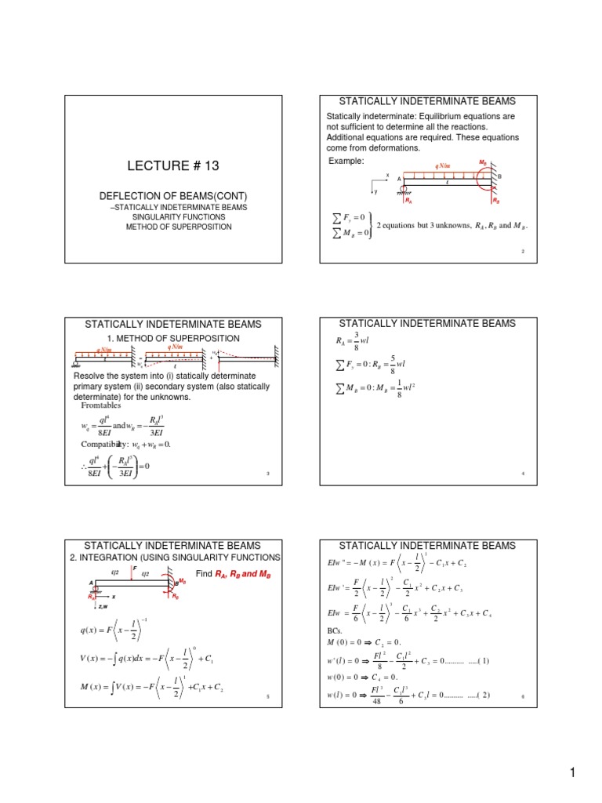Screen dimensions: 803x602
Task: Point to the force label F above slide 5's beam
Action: tap(135, 566)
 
